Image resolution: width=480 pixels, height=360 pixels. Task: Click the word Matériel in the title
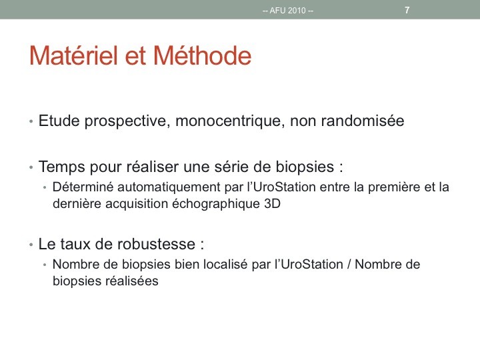click(73, 55)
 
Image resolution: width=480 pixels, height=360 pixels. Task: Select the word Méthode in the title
click(203, 55)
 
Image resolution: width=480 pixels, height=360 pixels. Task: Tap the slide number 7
click(407, 10)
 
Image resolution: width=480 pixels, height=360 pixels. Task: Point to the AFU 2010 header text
click(288, 11)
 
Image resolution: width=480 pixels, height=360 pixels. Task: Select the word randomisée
click(363, 120)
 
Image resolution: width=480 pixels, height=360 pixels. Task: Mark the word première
click(394, 187)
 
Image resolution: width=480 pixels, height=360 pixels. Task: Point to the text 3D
click(272, 203)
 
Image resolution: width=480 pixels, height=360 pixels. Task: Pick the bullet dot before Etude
click(31, 121)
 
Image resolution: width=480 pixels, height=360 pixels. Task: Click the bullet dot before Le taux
click(31, 245)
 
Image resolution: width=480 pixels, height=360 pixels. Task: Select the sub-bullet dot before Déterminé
click(45, 187)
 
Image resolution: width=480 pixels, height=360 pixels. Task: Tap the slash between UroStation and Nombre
click(349, 264)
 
